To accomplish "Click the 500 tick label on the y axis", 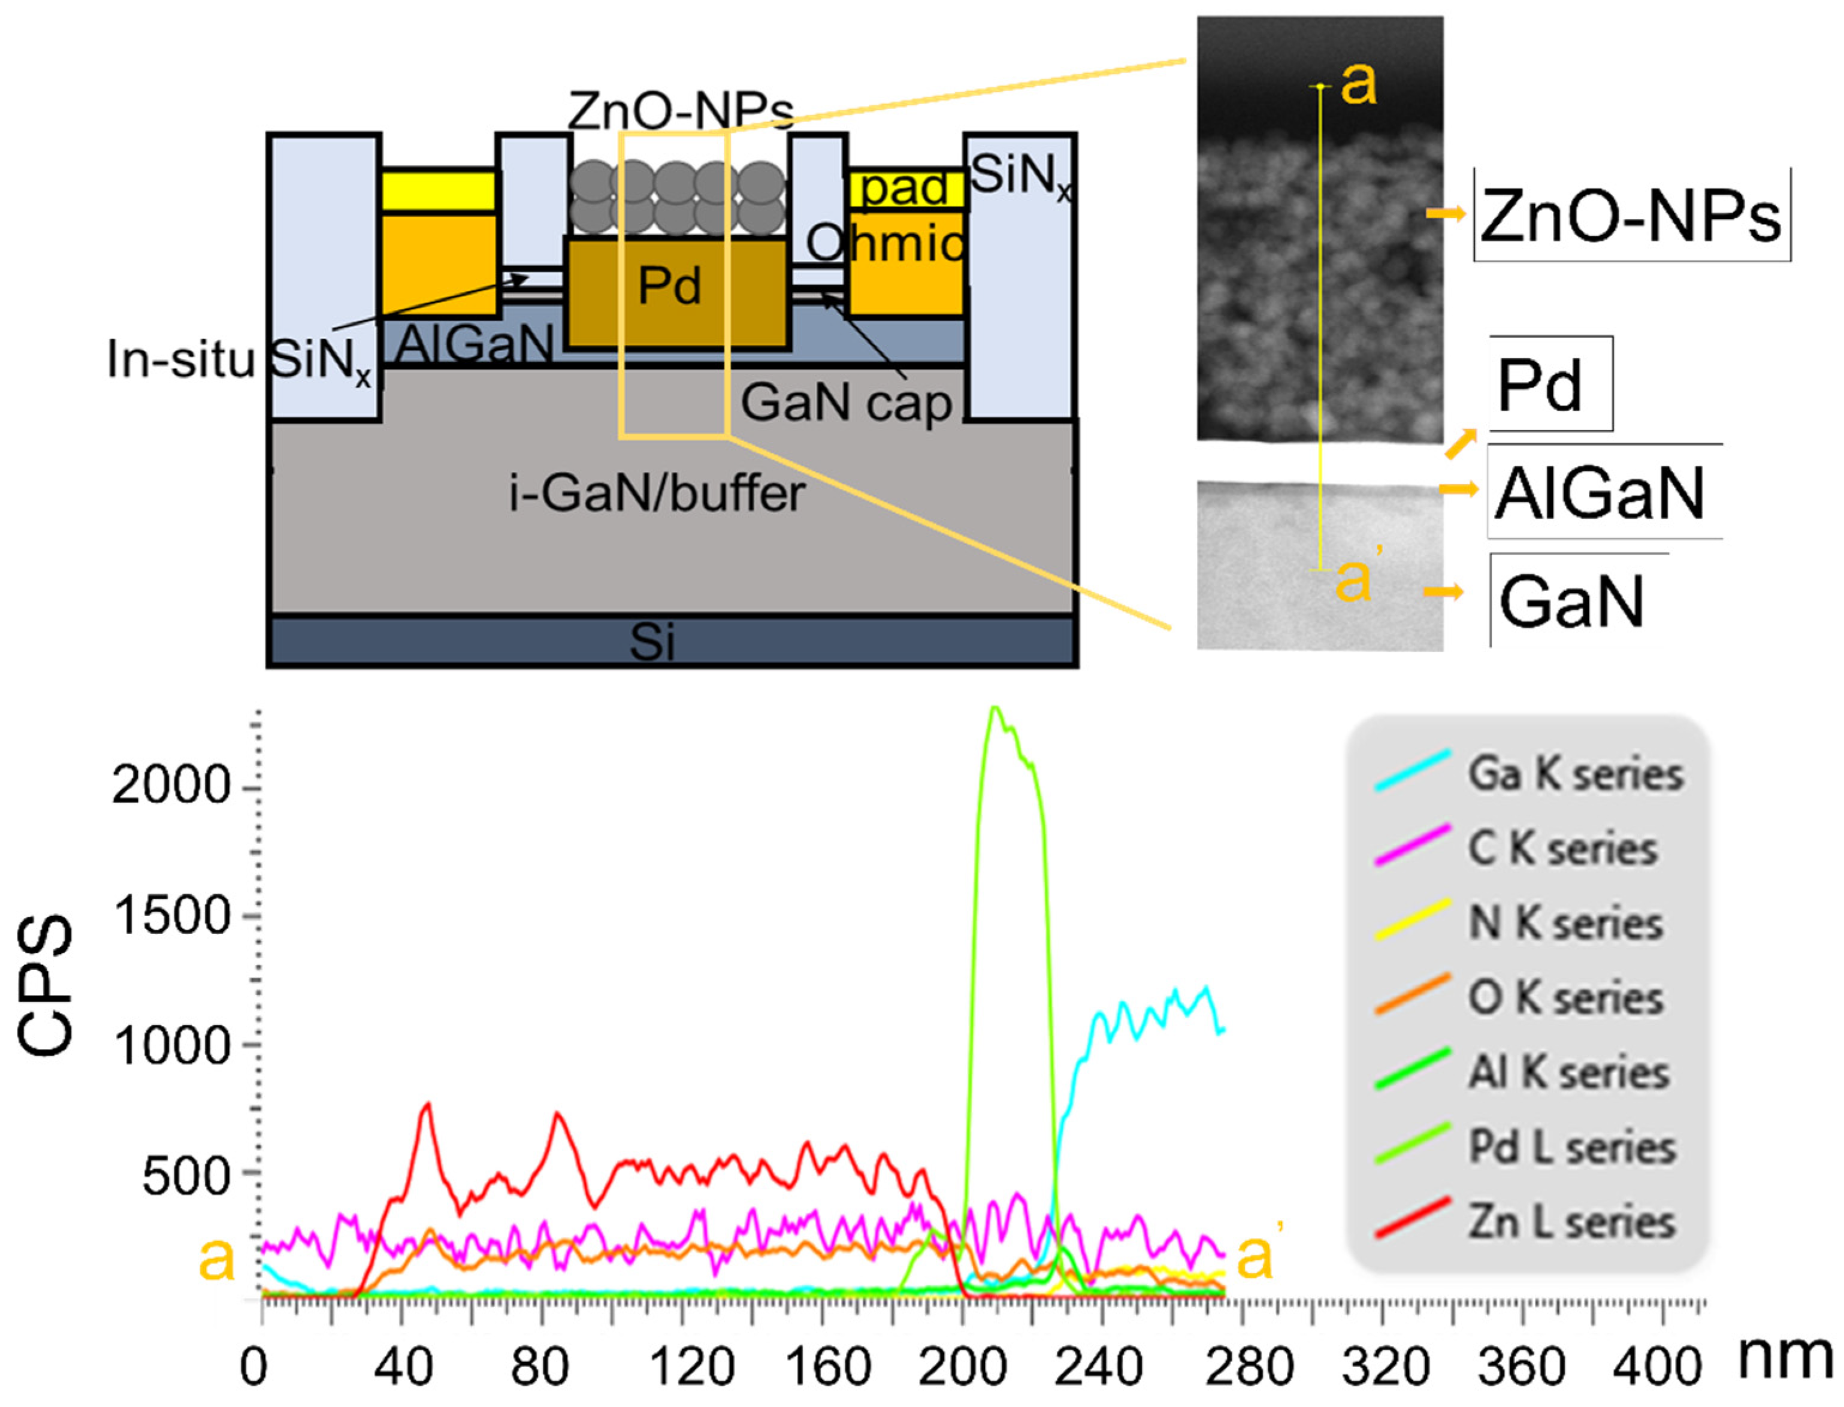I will coord(186,1176).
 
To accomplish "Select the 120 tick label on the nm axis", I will coord(692,1367).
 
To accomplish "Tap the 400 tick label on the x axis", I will coord(1655,1367).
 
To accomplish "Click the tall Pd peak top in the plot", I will coord(995,710).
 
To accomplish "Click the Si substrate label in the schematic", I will coord(652,643).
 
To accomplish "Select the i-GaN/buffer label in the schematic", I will coord(657,494).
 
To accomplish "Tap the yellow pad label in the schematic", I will coord(905,187).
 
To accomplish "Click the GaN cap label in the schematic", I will coord(846,403).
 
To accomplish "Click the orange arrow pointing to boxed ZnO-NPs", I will coord(1446,214).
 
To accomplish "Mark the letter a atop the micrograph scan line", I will coord(1358,84).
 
